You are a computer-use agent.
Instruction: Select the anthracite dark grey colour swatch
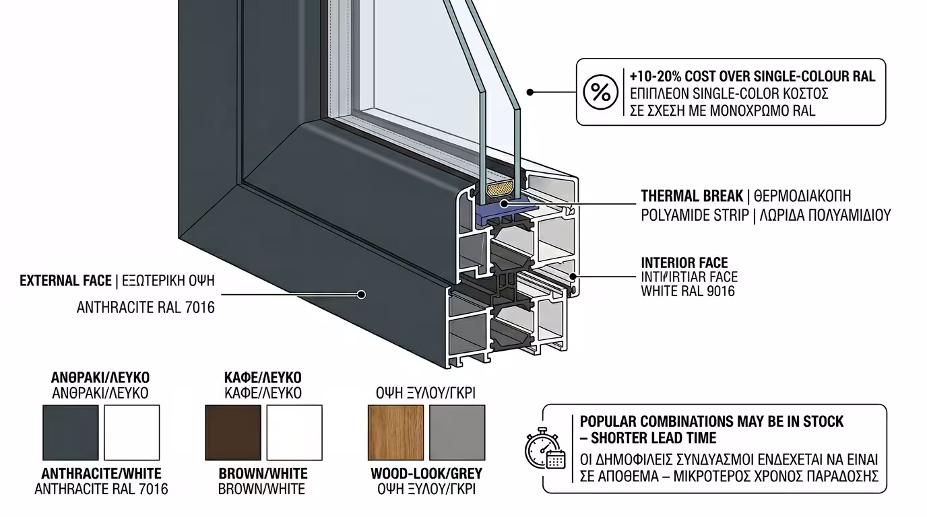tap(70, 433)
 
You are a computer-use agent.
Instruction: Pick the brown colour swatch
tap(232, 433)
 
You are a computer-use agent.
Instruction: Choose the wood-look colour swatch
tap(395, 433)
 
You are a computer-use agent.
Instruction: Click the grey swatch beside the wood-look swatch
tap(457, 433)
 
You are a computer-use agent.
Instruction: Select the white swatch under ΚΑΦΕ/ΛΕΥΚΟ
tap(294, 433)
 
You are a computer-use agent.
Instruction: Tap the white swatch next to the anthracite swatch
tap(132, 433)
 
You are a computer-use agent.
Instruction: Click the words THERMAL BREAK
tap(691, 197)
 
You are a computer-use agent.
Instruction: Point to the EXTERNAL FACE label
tap(65, 281)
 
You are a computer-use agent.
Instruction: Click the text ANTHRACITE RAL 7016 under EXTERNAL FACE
tap(146, 308)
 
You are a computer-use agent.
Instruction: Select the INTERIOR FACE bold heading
tap(684, 263)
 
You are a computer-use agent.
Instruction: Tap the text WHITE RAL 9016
tap(688, 291)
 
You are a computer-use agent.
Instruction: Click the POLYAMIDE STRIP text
tap(695, 215)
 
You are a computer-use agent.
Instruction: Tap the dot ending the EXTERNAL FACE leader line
tap(361, 294)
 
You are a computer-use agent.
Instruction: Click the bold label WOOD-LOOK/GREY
tap(426, 474)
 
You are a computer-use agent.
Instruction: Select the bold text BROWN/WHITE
tap(263, 474)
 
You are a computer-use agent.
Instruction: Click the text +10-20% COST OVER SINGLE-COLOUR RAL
tap(753, 76)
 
